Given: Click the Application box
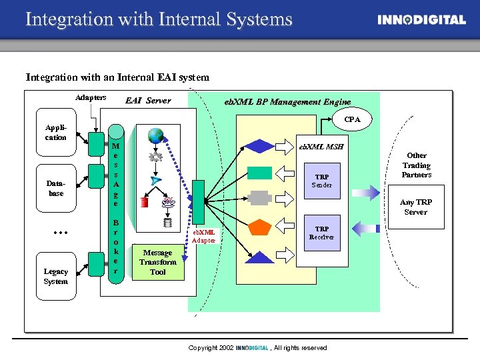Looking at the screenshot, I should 56,133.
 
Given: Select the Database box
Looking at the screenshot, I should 56,188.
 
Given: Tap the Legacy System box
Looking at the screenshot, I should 56,276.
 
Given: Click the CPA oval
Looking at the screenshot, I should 352,120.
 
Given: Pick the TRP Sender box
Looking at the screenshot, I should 322,181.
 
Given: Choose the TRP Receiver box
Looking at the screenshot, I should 322,233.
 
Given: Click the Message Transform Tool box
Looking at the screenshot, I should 158,262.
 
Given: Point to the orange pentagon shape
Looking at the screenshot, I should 260,226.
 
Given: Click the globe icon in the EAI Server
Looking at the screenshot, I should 157,136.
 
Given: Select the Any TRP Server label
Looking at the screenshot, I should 415,207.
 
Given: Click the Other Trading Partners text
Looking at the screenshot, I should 417,165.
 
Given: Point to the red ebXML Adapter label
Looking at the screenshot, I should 204,235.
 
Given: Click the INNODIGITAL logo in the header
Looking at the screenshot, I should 421,20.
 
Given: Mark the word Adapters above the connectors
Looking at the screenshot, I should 91,97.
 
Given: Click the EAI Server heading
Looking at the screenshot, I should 148,101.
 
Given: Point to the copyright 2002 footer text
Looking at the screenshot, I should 257,348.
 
